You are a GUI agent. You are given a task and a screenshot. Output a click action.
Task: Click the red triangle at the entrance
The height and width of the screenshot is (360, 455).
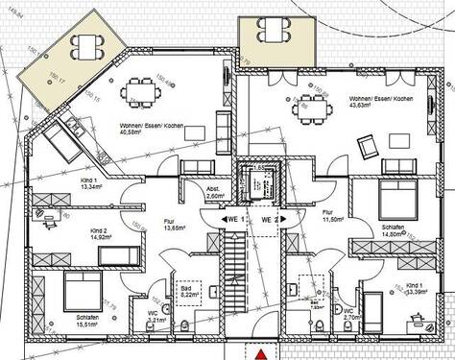click(x=258, y=353)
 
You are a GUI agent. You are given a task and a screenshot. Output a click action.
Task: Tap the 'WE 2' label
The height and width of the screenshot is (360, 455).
click(x=271, y=220)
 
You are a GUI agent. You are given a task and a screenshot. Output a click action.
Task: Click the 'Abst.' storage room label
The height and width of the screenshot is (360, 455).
click(x=216, y=189)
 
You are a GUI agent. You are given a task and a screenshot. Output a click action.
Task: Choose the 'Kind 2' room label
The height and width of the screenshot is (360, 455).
click(x=99, y=231)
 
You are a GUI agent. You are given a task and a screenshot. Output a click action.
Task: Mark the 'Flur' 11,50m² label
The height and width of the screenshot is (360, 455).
click(x=329, y=217)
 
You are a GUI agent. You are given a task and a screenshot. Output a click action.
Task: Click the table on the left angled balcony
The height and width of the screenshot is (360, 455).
click(x=89, y=45)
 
